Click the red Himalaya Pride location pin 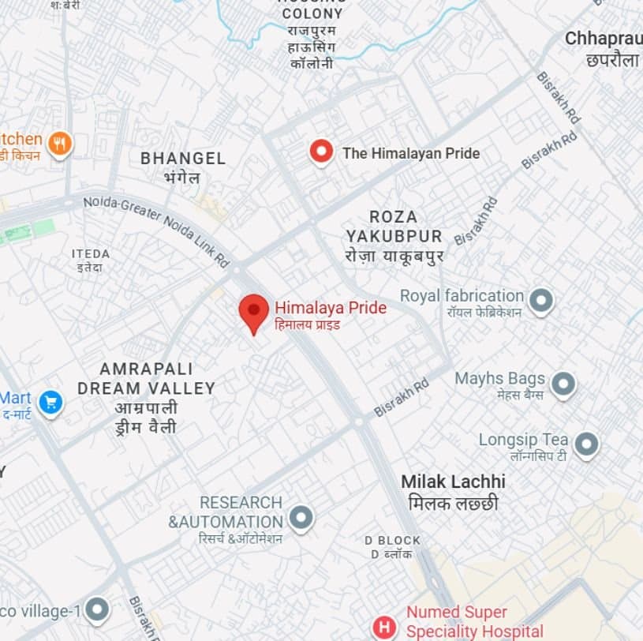coord(253,311)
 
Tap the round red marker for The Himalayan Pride coord(320,152)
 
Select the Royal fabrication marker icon coord(541,300)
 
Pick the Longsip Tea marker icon coord(585,444)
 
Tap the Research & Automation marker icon coord(301,518)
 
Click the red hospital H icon coord(384,628)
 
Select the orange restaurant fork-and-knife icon coord(59,144)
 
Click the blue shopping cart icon coord(50,403)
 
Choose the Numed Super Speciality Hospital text coord(474,621)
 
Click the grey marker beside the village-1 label coord(96,609)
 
